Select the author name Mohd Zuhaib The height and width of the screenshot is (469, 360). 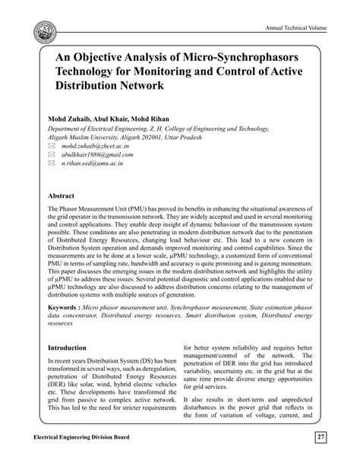(71, 119)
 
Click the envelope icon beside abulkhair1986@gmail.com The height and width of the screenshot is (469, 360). (51, 154)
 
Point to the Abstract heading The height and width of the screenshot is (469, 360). (63, 195)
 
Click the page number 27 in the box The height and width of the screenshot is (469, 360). (321, 438)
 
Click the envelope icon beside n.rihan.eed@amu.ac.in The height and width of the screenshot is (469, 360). (51, 163)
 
